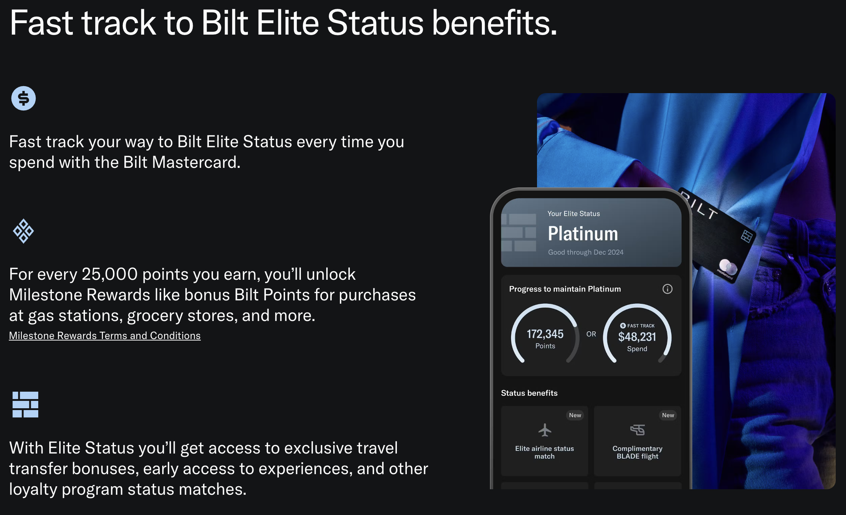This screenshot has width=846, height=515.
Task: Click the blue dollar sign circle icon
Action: (x=24, y=98)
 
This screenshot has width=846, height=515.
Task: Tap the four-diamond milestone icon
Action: (x=24, y=231)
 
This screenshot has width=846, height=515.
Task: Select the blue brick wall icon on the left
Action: (x=25, y=404)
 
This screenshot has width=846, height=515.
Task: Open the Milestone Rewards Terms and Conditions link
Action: (x=105, y=336)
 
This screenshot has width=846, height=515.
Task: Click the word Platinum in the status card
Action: (x=583, y=233)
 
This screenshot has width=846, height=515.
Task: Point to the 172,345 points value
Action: (x=545, y=334)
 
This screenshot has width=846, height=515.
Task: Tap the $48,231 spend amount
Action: (x=637, y=336)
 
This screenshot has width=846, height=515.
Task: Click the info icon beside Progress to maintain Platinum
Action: (x=667, y=289)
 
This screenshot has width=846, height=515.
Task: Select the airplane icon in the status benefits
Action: (x=545, y=430)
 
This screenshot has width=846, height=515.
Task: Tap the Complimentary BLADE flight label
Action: (x=637, y=452)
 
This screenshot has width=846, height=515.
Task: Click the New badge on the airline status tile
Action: (x=575, y=415)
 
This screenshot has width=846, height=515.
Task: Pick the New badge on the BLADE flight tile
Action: (x=668, y=415)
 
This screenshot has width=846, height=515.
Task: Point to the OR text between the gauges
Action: (x=591, y=334)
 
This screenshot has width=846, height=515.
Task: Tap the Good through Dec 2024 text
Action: (x=586, y=252)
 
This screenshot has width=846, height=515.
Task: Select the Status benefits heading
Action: (x=529, y=393)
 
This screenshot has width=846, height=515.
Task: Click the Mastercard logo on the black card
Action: (x=728, y=268)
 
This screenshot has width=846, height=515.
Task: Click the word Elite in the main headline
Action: (x=288, y=23)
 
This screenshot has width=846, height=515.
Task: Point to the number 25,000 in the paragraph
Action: (x=110, y=274)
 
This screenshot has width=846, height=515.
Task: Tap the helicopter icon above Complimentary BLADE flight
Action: (x=637, y=430)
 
